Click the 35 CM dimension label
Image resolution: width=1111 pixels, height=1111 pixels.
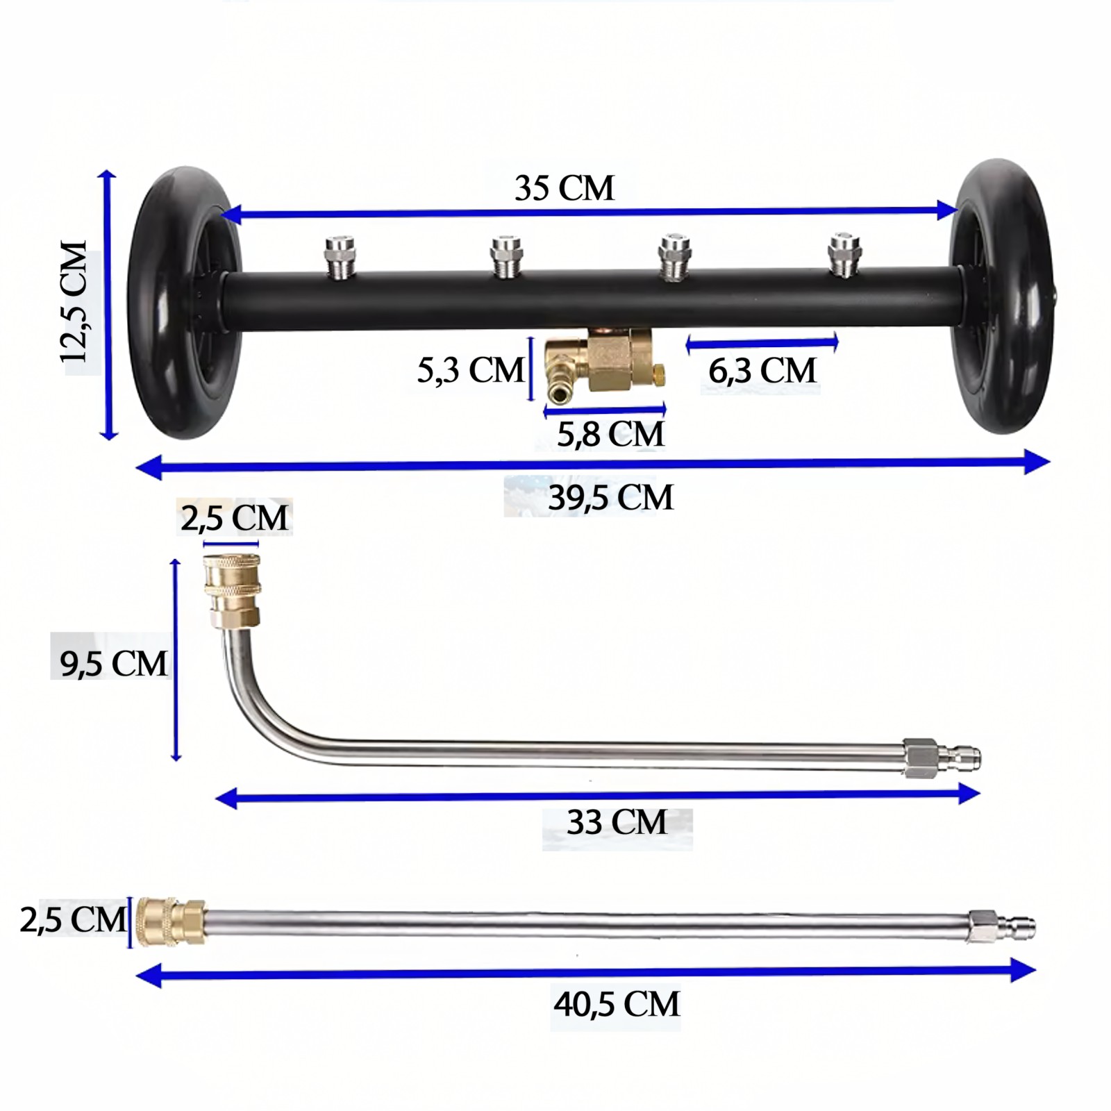click(x=565, y=188)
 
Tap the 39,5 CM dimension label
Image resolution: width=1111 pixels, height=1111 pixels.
click(x=611, y=498)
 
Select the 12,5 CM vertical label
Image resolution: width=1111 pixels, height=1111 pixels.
click(x=74, y=302)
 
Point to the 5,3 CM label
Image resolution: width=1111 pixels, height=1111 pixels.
click(x=470, y=369)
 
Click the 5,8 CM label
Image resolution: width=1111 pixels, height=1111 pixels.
click(x=611, y=434)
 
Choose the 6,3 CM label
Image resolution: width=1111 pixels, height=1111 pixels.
click(x=762, y=370)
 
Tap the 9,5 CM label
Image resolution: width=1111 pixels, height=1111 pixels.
click(x=113, y=663)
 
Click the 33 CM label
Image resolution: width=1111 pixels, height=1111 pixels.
click(x=617, y=822)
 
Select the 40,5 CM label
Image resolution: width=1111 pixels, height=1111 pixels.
click(x=617, y=1004)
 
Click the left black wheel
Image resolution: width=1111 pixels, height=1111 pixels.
click(x=184, y=303)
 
